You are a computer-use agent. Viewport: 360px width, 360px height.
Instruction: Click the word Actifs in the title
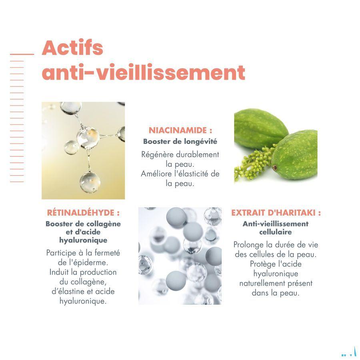[x=72, y=48]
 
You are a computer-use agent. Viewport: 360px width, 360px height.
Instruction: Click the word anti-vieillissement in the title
[x=143, y=73]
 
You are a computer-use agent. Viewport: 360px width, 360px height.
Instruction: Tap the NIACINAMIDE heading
[x=180, y=130]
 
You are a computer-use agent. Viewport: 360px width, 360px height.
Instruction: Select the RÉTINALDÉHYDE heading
[x=83, y=213]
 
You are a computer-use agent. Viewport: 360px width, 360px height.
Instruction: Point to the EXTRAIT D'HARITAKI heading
[x=276, y=213]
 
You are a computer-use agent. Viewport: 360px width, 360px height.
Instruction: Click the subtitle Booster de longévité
[x=180, y=141]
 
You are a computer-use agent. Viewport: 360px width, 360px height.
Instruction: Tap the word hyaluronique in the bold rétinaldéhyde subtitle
[x=83, y=240]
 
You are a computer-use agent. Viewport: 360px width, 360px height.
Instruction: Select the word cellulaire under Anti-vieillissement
[x=276, y=232]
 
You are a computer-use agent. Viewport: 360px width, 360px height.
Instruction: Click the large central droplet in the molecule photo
[x=88, y=137]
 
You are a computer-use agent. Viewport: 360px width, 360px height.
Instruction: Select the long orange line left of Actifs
[x=22, y=54]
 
